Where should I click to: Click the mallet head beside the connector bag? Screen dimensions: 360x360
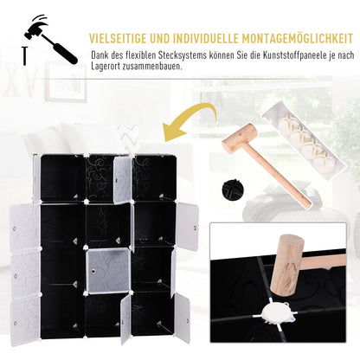tap(240, 138)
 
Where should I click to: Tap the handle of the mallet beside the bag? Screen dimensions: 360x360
tap(285, 177)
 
